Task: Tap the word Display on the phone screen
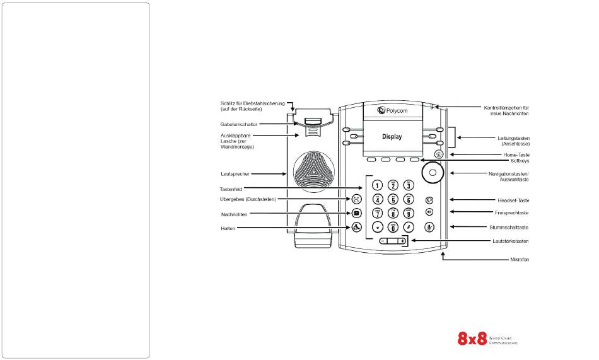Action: (392, 136)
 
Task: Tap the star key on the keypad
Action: (378, 228)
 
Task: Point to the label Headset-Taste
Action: (513, 200)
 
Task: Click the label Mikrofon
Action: (519, 260)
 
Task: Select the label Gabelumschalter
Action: (238, 124)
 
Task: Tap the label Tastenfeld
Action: (232, 188)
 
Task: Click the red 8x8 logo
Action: (472, 339)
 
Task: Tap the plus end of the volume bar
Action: (402, 241)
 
